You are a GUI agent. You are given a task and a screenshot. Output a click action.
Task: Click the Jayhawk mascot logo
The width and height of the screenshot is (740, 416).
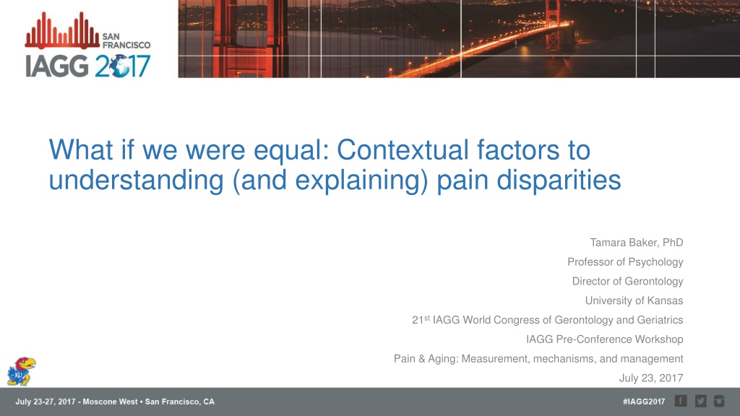pyautogui.click(x=21, y=371)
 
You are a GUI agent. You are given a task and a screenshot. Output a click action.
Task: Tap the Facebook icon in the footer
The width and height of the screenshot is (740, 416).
pyautogui.click(x=681, y=401)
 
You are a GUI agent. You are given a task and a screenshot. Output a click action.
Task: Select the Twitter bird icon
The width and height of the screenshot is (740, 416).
pyautogui.click(x=700, y=401)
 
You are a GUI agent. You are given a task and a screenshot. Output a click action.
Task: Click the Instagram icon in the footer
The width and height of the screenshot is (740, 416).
pyautogui.click(x=719, y=401)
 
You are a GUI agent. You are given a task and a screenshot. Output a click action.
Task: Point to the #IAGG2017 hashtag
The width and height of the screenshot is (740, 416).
pyautogui.click(x=644, y=402)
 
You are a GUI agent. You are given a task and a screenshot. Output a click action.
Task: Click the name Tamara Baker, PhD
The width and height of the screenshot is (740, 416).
pyautogui.click(x=636, y=243)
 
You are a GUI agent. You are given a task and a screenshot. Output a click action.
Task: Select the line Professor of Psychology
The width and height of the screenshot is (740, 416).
pyautogui.click(x=625, y=261)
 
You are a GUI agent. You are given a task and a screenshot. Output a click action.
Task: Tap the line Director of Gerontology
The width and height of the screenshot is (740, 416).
pyautogui.click(x=628, y=281)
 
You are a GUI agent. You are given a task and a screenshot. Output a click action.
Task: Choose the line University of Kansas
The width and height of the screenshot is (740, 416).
pyautogui.click(x=634, y=300)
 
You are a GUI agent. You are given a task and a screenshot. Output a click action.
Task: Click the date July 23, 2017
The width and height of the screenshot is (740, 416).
pyautogui.click(x=651, y=378)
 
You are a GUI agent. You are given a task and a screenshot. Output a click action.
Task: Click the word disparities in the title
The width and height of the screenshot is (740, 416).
pyautogui.click(x=559, y=180)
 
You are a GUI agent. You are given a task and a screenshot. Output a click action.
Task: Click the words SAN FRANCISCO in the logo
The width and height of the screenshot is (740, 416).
pyautogui.click(x=126, y=40)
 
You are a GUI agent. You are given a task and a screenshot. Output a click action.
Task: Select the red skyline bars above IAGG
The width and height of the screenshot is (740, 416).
pyautogui.click(x=62, y=30)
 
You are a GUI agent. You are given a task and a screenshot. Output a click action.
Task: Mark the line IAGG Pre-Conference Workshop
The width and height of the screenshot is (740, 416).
pyautogui.click(x=605, y=339)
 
